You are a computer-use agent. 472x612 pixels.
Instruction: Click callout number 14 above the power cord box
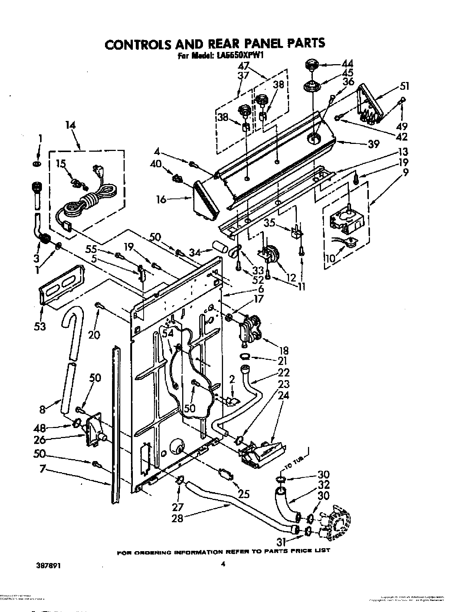(70, 125)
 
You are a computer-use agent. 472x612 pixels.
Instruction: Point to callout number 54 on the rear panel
(168, 333)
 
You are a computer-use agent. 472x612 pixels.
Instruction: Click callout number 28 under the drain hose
(178, 518)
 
